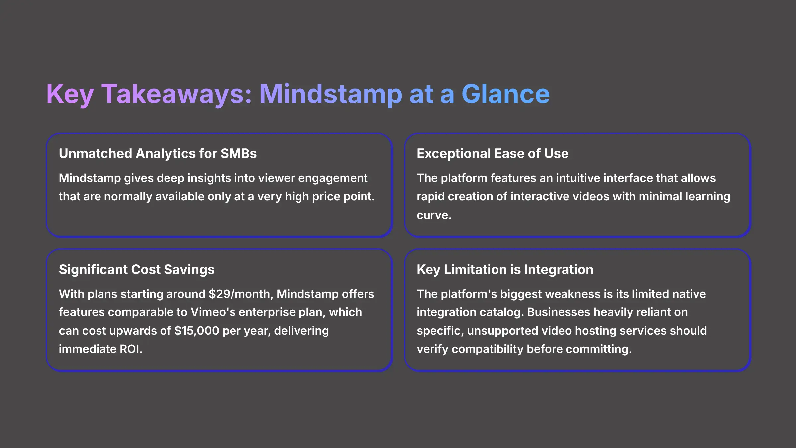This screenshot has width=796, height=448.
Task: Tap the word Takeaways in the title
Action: [176, 94]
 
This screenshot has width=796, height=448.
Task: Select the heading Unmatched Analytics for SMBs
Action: [158, 154]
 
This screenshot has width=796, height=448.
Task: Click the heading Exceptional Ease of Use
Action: [492, 154]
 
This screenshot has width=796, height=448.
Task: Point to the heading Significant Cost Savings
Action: [136, 269]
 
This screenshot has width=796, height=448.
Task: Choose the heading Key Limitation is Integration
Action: [505, 269]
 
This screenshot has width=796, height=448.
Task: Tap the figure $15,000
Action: [197, 331]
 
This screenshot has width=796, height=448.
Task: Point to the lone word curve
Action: [433, 215]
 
